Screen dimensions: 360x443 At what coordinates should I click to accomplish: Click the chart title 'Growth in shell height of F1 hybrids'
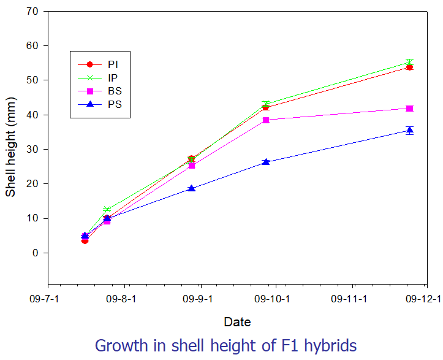225,345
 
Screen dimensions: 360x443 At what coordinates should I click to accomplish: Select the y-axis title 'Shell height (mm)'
11,149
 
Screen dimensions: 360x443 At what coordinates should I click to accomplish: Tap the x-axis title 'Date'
237,321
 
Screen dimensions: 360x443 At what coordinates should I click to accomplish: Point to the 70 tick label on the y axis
32,11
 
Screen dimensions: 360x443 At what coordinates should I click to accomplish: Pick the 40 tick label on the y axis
32,115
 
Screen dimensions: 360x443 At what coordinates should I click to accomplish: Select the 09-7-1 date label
48,299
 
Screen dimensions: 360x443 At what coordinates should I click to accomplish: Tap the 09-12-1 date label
423,299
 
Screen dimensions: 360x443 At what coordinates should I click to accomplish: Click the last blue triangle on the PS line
409,130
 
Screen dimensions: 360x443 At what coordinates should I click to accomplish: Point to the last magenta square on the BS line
409,108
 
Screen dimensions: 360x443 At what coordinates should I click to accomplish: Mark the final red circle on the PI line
409,67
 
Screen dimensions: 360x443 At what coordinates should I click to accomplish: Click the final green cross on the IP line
409,62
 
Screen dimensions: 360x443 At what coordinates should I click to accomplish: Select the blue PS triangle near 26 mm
266,162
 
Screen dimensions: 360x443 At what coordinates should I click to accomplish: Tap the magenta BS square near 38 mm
266,120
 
